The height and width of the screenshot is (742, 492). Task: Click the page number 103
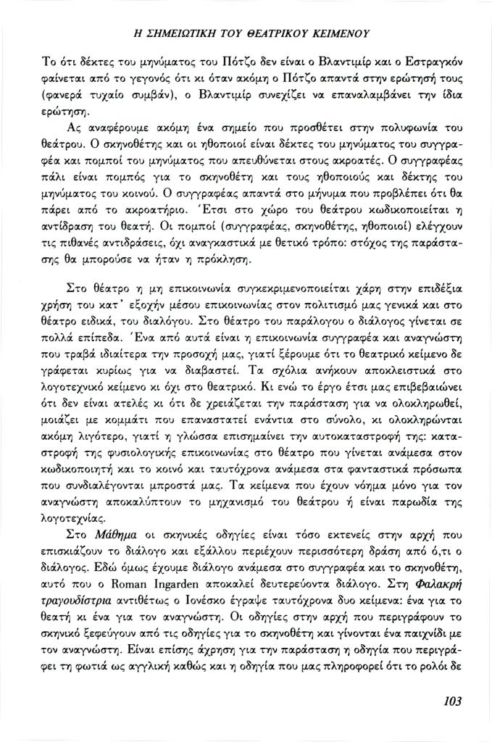451,701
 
